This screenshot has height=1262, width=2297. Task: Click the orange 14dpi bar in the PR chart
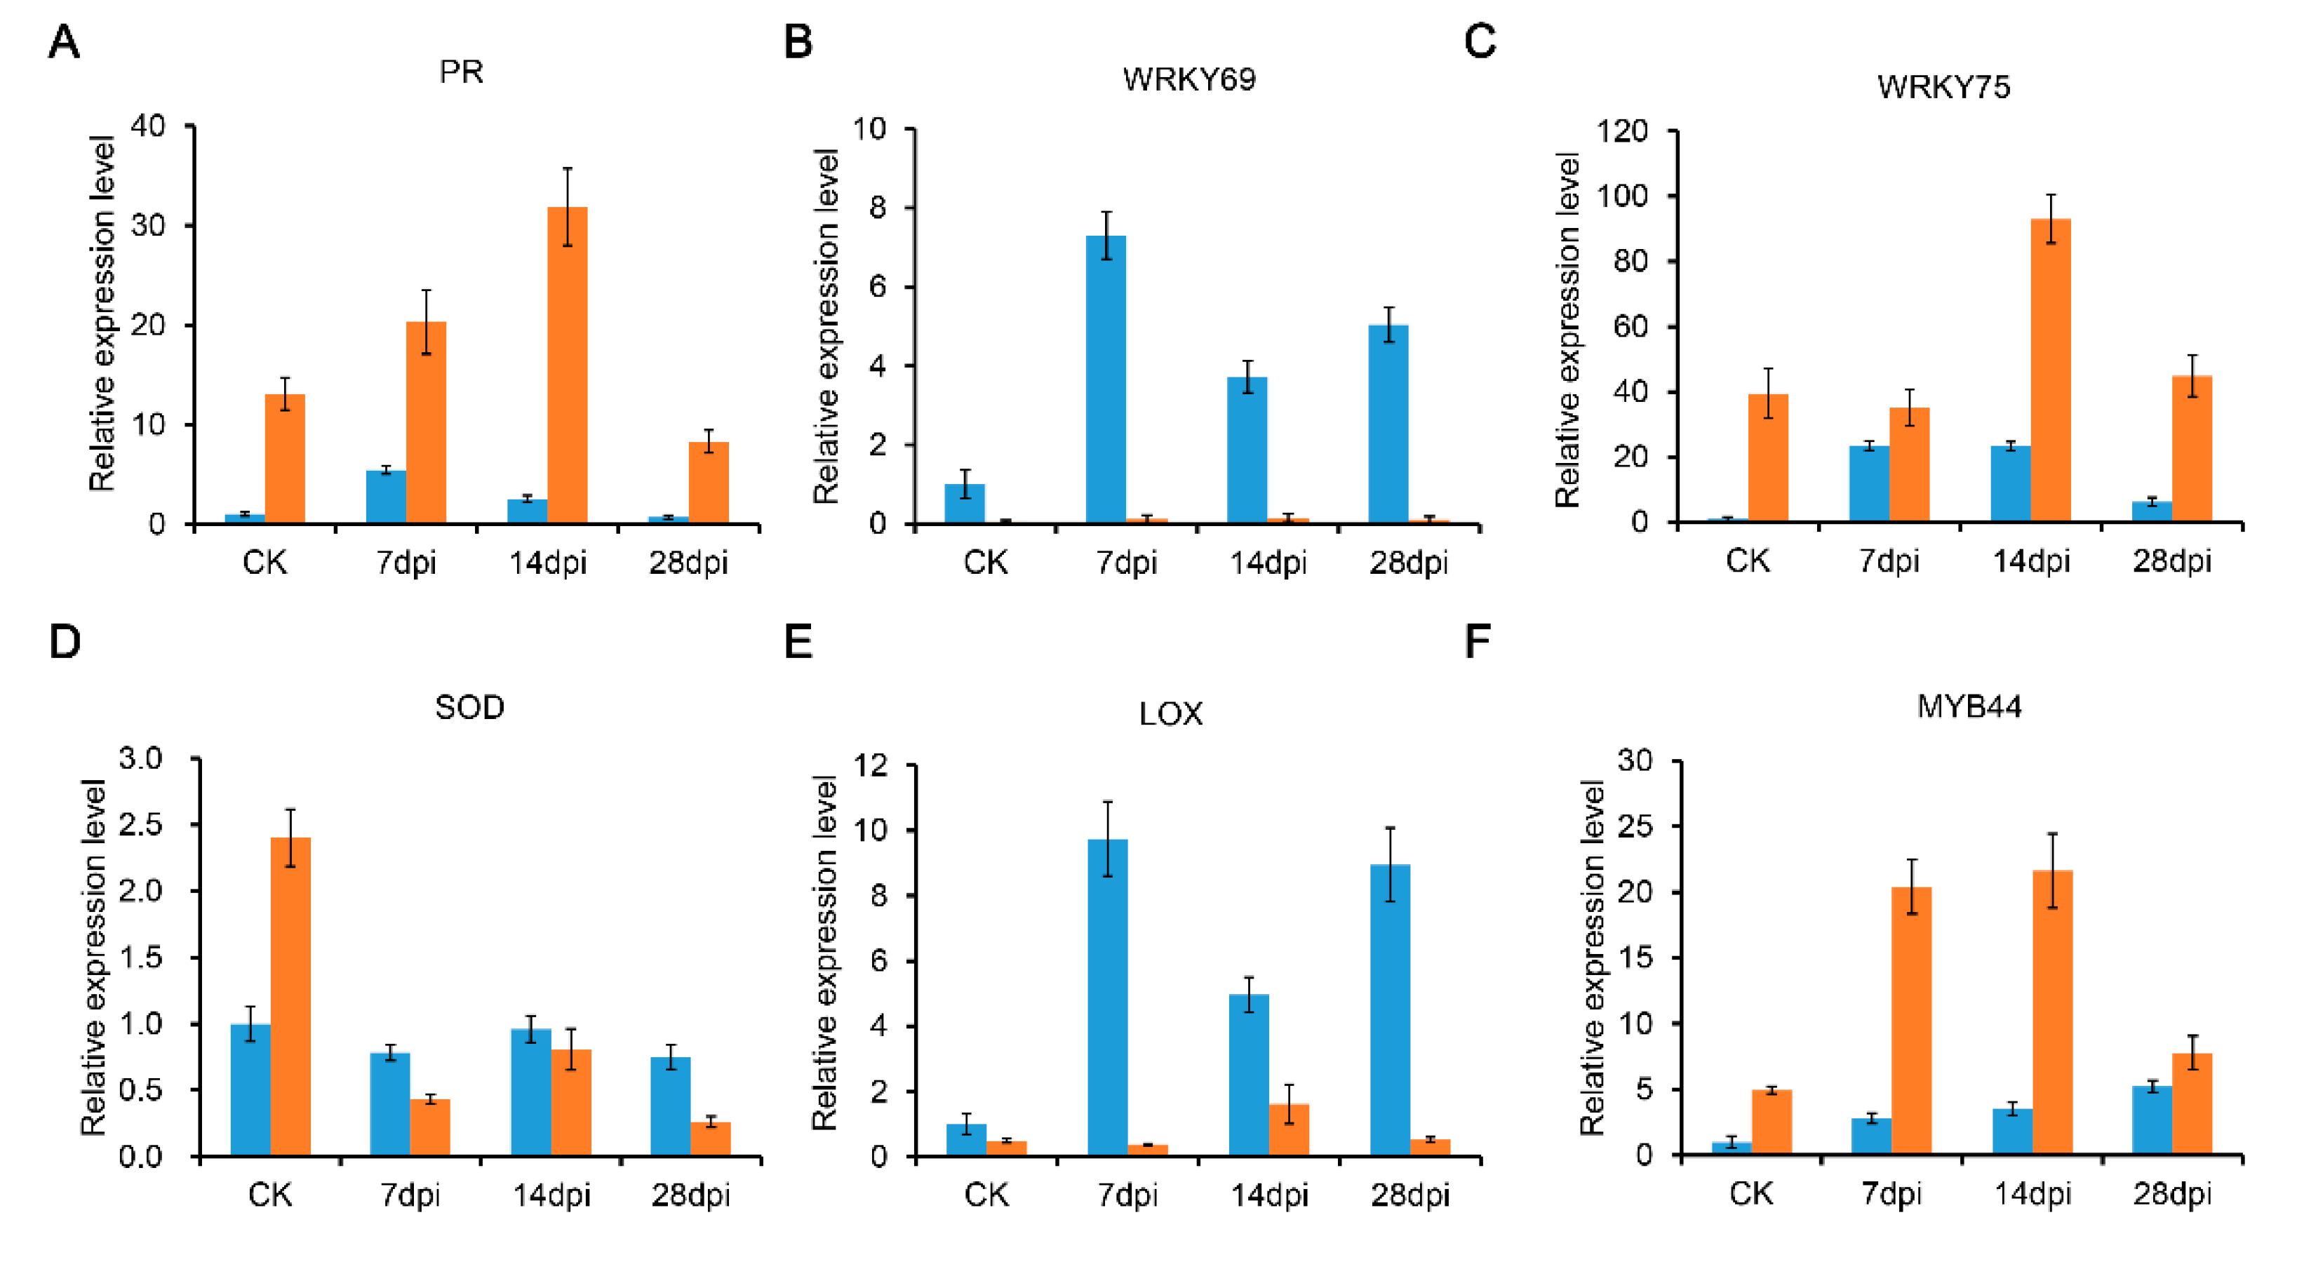coord(567,365)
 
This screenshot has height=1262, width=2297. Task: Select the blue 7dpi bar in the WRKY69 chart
coord(1106,379)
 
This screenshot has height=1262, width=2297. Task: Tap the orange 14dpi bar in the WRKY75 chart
coord(2050,370)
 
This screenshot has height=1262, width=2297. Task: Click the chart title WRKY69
coord(1188,79)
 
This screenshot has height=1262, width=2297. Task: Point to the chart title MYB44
coord(1969,706)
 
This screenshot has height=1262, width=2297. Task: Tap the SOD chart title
coord(469,707)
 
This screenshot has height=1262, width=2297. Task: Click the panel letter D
coord(65,641)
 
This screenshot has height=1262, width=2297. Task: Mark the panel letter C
coord(1480,41)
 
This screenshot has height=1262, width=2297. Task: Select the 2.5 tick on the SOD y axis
coord(141,824)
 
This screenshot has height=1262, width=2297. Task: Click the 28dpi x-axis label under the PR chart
coord(688,563)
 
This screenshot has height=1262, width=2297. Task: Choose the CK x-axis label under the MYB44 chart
coord(1750,1193)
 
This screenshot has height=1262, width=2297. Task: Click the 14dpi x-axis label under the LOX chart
coord(1269,1195)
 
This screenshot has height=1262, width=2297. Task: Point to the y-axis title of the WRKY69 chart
coord(826,326)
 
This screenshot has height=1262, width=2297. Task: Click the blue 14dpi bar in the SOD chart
coord(530,1092)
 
